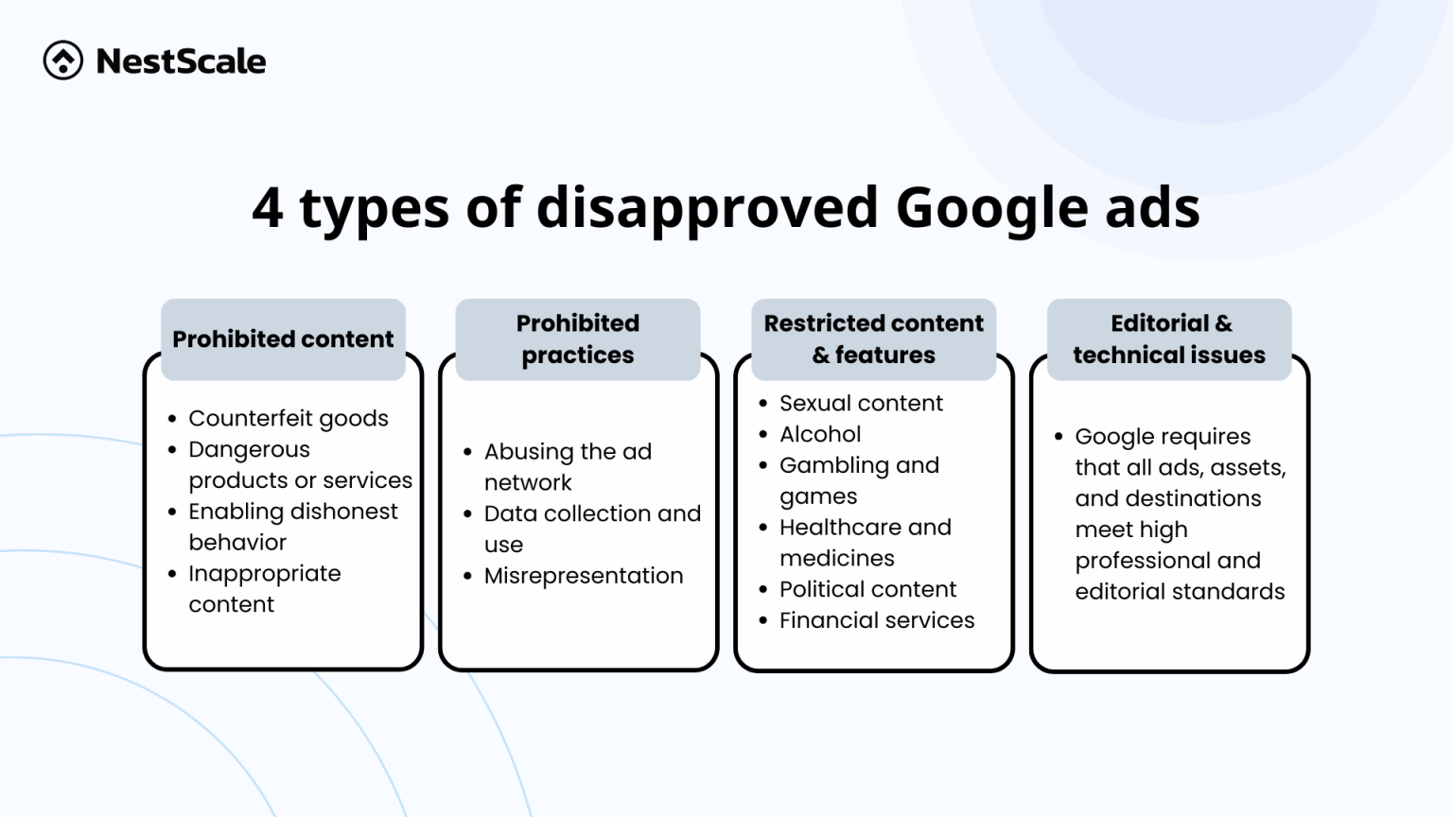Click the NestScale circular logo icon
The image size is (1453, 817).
tap(63, 61)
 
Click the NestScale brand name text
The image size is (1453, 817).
tap(181, 61)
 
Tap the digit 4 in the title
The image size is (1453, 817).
tap(268, 207)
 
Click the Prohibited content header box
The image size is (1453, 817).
tap(283, 339)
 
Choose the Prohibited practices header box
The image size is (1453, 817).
tap(578, 339)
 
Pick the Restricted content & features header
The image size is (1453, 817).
tap(873, 339)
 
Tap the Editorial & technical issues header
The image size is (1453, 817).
tap(1169, 339)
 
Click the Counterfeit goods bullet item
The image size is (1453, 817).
tap(288, 418)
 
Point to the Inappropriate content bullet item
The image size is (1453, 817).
tap(264, 588)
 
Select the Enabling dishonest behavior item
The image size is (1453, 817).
tap(292, 526)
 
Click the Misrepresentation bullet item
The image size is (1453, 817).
tap(583, 575)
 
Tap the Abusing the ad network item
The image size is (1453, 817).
tap(568, 466)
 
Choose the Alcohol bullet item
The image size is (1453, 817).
tap(819, 434)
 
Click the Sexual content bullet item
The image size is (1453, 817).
tap(861, 403)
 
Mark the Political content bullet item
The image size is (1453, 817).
tap(867, 589)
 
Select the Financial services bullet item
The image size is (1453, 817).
tap(876, 620)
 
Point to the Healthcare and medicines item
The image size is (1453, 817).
tap(865, 542)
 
